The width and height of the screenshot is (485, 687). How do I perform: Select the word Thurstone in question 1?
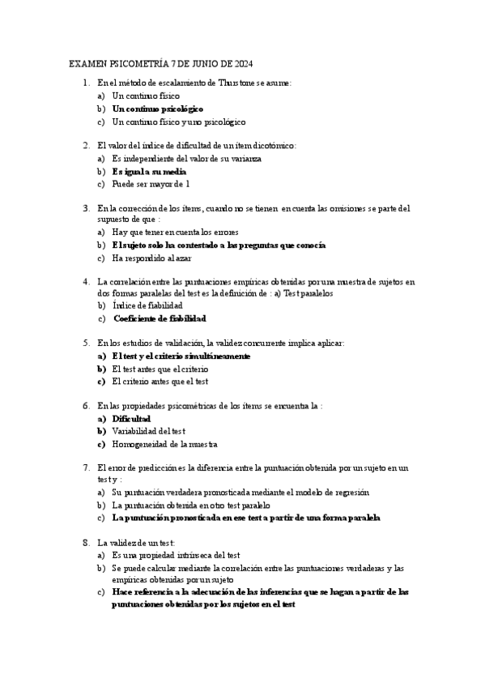(240, 83)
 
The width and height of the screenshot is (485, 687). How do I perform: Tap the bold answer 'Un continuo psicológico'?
(158, 108)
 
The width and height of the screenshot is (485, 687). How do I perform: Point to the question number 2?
(86, 146)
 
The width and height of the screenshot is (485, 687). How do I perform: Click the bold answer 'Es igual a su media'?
(149, 171)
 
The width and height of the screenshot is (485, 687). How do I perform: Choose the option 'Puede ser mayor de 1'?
(151, 184)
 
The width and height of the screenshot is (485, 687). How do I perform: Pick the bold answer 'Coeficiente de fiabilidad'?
(160, 318)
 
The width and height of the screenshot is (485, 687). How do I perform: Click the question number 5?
(86, 343)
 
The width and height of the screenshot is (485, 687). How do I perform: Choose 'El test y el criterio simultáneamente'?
(181, 356)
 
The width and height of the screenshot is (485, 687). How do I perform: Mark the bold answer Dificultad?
(131, 418)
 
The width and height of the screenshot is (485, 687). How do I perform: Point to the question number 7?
(86, 468)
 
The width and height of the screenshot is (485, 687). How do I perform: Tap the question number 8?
(86, 542)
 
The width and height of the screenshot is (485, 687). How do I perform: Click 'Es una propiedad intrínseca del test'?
(176, 555)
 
